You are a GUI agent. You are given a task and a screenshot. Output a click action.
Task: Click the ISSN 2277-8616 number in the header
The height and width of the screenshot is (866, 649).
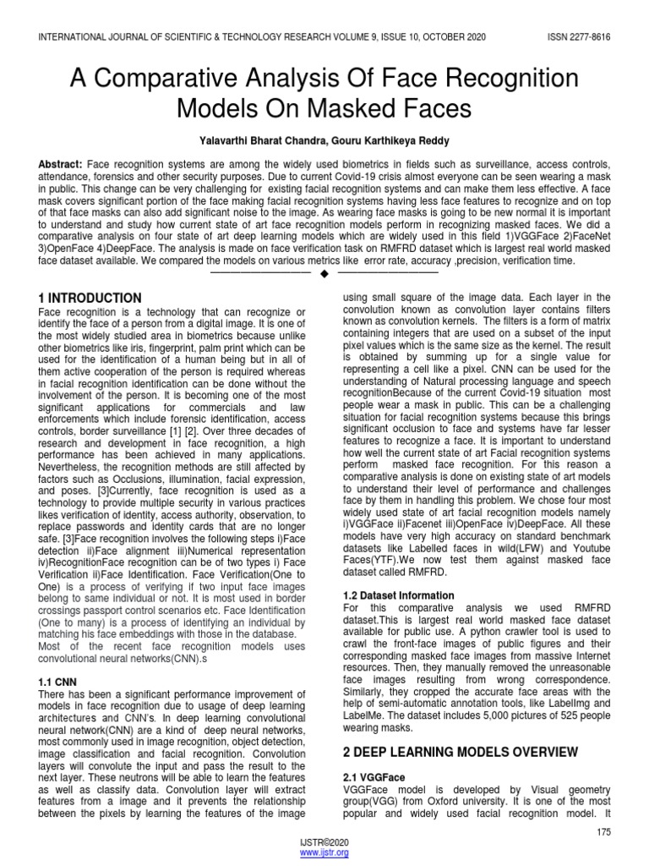571,38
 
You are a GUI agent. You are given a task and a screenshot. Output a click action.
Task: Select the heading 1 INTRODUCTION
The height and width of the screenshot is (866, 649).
90,299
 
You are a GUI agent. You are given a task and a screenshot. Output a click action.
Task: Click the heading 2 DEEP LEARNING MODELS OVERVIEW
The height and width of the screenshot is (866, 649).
460,752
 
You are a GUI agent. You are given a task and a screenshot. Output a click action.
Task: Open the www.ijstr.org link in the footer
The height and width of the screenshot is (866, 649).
324,853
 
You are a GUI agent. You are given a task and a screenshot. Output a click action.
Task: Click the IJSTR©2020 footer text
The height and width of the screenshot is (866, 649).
324,843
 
